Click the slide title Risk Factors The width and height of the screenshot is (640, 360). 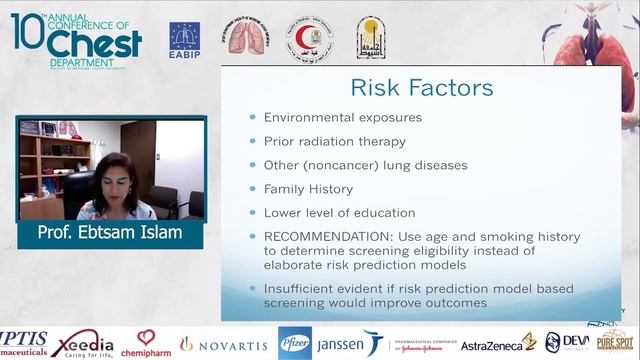[421, 88]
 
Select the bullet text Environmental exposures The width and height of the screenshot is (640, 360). [342, 117]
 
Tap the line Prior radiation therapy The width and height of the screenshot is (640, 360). [334, 141]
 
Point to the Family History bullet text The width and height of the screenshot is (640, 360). [313, 188]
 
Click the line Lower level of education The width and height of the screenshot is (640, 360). [339, 212]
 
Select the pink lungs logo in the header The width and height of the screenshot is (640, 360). [246, 38]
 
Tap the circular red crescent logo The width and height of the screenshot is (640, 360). [310, 38]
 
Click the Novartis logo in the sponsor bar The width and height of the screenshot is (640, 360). [223, 344]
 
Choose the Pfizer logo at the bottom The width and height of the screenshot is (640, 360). [294, 343]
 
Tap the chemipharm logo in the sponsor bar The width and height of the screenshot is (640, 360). [146, 343]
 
